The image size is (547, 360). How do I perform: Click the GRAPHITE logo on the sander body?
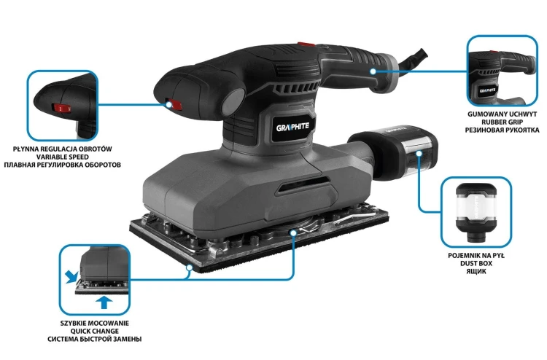coord(292,127)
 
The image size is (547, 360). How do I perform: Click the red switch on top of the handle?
coord(306,45)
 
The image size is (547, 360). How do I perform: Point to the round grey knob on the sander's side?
coord(233,101)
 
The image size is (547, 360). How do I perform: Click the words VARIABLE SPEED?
coord(63,157)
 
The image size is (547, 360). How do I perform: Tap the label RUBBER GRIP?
coord(502,122)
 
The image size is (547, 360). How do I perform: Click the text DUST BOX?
coord(476,264)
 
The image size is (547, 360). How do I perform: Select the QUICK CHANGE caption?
coord(95,331)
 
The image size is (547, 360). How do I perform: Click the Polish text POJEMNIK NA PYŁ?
coord(476,256)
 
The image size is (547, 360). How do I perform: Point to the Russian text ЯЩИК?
coord(476,271)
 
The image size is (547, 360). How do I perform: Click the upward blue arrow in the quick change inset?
coord(104,302)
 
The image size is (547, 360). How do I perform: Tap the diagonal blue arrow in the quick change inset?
coord(71,277)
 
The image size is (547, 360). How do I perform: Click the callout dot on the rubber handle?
coord(373,71)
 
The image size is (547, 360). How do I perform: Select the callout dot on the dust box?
coord(419,153)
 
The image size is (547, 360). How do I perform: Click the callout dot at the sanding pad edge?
coord(190,268)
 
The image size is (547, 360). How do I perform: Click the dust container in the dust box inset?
coord(476,213)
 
